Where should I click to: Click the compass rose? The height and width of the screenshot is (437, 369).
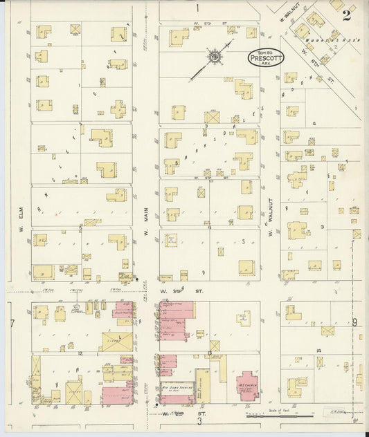[x=215, y=55]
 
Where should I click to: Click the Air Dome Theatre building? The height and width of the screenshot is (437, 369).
[x=177, y=391]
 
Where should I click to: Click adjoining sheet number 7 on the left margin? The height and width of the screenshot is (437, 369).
[x=12, y=324]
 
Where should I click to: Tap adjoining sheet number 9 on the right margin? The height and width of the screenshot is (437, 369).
[x=354, y=322]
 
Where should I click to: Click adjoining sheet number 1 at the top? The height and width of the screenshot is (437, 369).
[x=197, y=8]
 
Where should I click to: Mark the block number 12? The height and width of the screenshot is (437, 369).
[x=80, y=353]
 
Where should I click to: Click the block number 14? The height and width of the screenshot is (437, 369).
[x=319, y=351]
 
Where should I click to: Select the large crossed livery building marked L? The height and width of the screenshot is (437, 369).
[x=112, y=341]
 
